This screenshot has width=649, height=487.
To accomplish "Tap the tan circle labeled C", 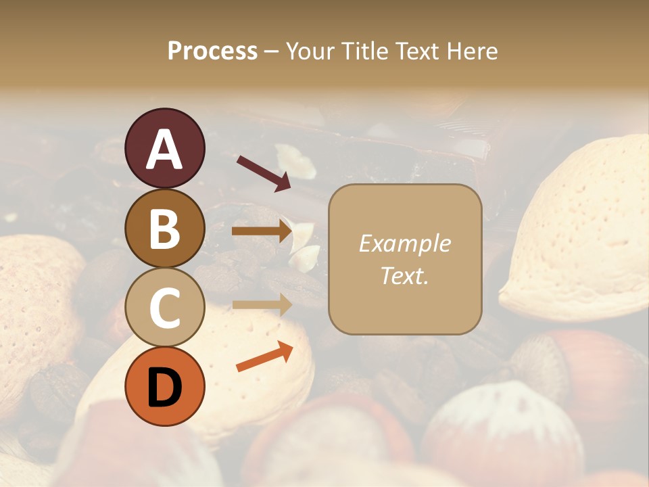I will pos(165,308).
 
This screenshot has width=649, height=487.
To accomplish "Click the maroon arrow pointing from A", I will pos(264,172).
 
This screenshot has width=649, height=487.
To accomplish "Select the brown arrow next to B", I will pos(262,231).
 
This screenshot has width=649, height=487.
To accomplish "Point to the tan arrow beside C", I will pos(262,305).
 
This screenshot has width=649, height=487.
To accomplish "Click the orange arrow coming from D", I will pos(264,356).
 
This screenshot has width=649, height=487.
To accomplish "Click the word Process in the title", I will pos(212,51).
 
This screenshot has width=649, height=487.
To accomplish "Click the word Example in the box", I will pos(404,244).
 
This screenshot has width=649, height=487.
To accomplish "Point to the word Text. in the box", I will pos(404,275).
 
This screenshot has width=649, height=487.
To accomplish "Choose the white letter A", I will pos(165,150).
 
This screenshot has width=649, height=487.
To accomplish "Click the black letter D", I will pos(165,388).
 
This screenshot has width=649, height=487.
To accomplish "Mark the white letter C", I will pos(165,308).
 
